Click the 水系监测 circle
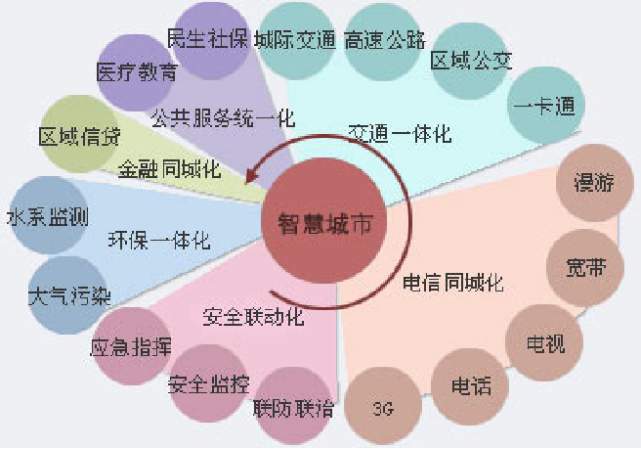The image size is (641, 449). pos(44,213)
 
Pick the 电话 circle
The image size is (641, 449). pos(465,385)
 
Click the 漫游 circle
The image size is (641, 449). pos(589,182)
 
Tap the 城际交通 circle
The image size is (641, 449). pos(294,40)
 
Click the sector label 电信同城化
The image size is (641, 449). pos(453,285)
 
